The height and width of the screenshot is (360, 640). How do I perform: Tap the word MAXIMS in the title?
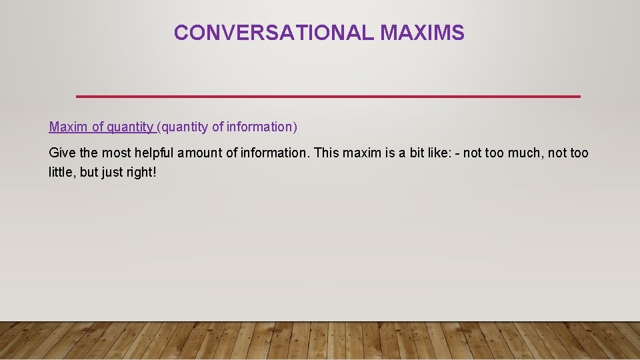(x=422, y=33)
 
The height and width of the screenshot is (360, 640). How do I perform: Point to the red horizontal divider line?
(x=328, y=97)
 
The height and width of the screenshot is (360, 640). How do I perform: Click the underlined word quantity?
(x=131, y=127)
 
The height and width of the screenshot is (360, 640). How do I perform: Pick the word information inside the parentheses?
(x=260, y=127)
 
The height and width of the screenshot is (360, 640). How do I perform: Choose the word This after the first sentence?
(x=327, y=153)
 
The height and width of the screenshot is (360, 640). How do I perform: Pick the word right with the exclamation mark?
(x=143, y=172)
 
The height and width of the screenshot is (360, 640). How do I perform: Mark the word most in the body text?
(x=116, y=153)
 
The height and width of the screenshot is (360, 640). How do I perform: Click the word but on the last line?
(x=89, y=172)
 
